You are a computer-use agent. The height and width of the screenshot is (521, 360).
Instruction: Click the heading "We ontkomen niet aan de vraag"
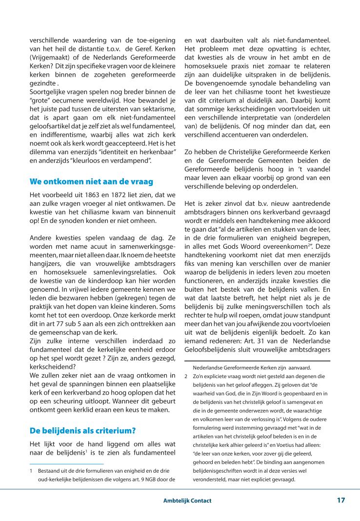click(x=91, y=181)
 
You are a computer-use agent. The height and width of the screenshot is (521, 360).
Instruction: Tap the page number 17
click(x=340, y=500)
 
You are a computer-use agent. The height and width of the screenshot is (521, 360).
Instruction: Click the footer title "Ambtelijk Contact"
click(x=188, y=501)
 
